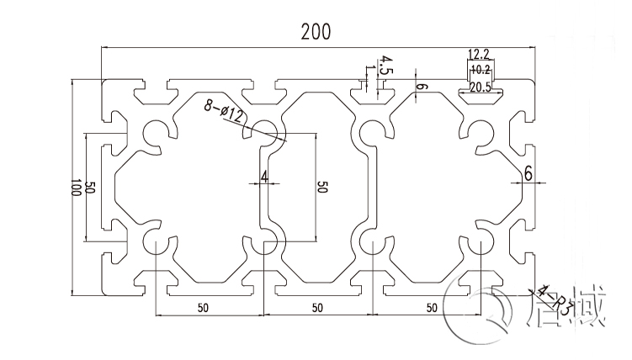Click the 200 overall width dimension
(x=316, y=31)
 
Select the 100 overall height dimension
(x=76, y=188)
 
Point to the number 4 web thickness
(x=264, y=177)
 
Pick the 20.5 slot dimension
(x=481, y=86)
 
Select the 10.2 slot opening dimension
(x=481, y=69)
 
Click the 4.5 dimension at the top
(x=385, y=65)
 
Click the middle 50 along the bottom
(x=316, y=307)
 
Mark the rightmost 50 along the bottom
(x=432, y=307)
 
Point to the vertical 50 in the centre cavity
(x=321, y=188)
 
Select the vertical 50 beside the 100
(x=91, y=188)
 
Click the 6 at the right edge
(x=528, y=174)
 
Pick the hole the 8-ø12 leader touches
(x=266, y=130)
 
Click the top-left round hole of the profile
(x=155, y=132)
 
